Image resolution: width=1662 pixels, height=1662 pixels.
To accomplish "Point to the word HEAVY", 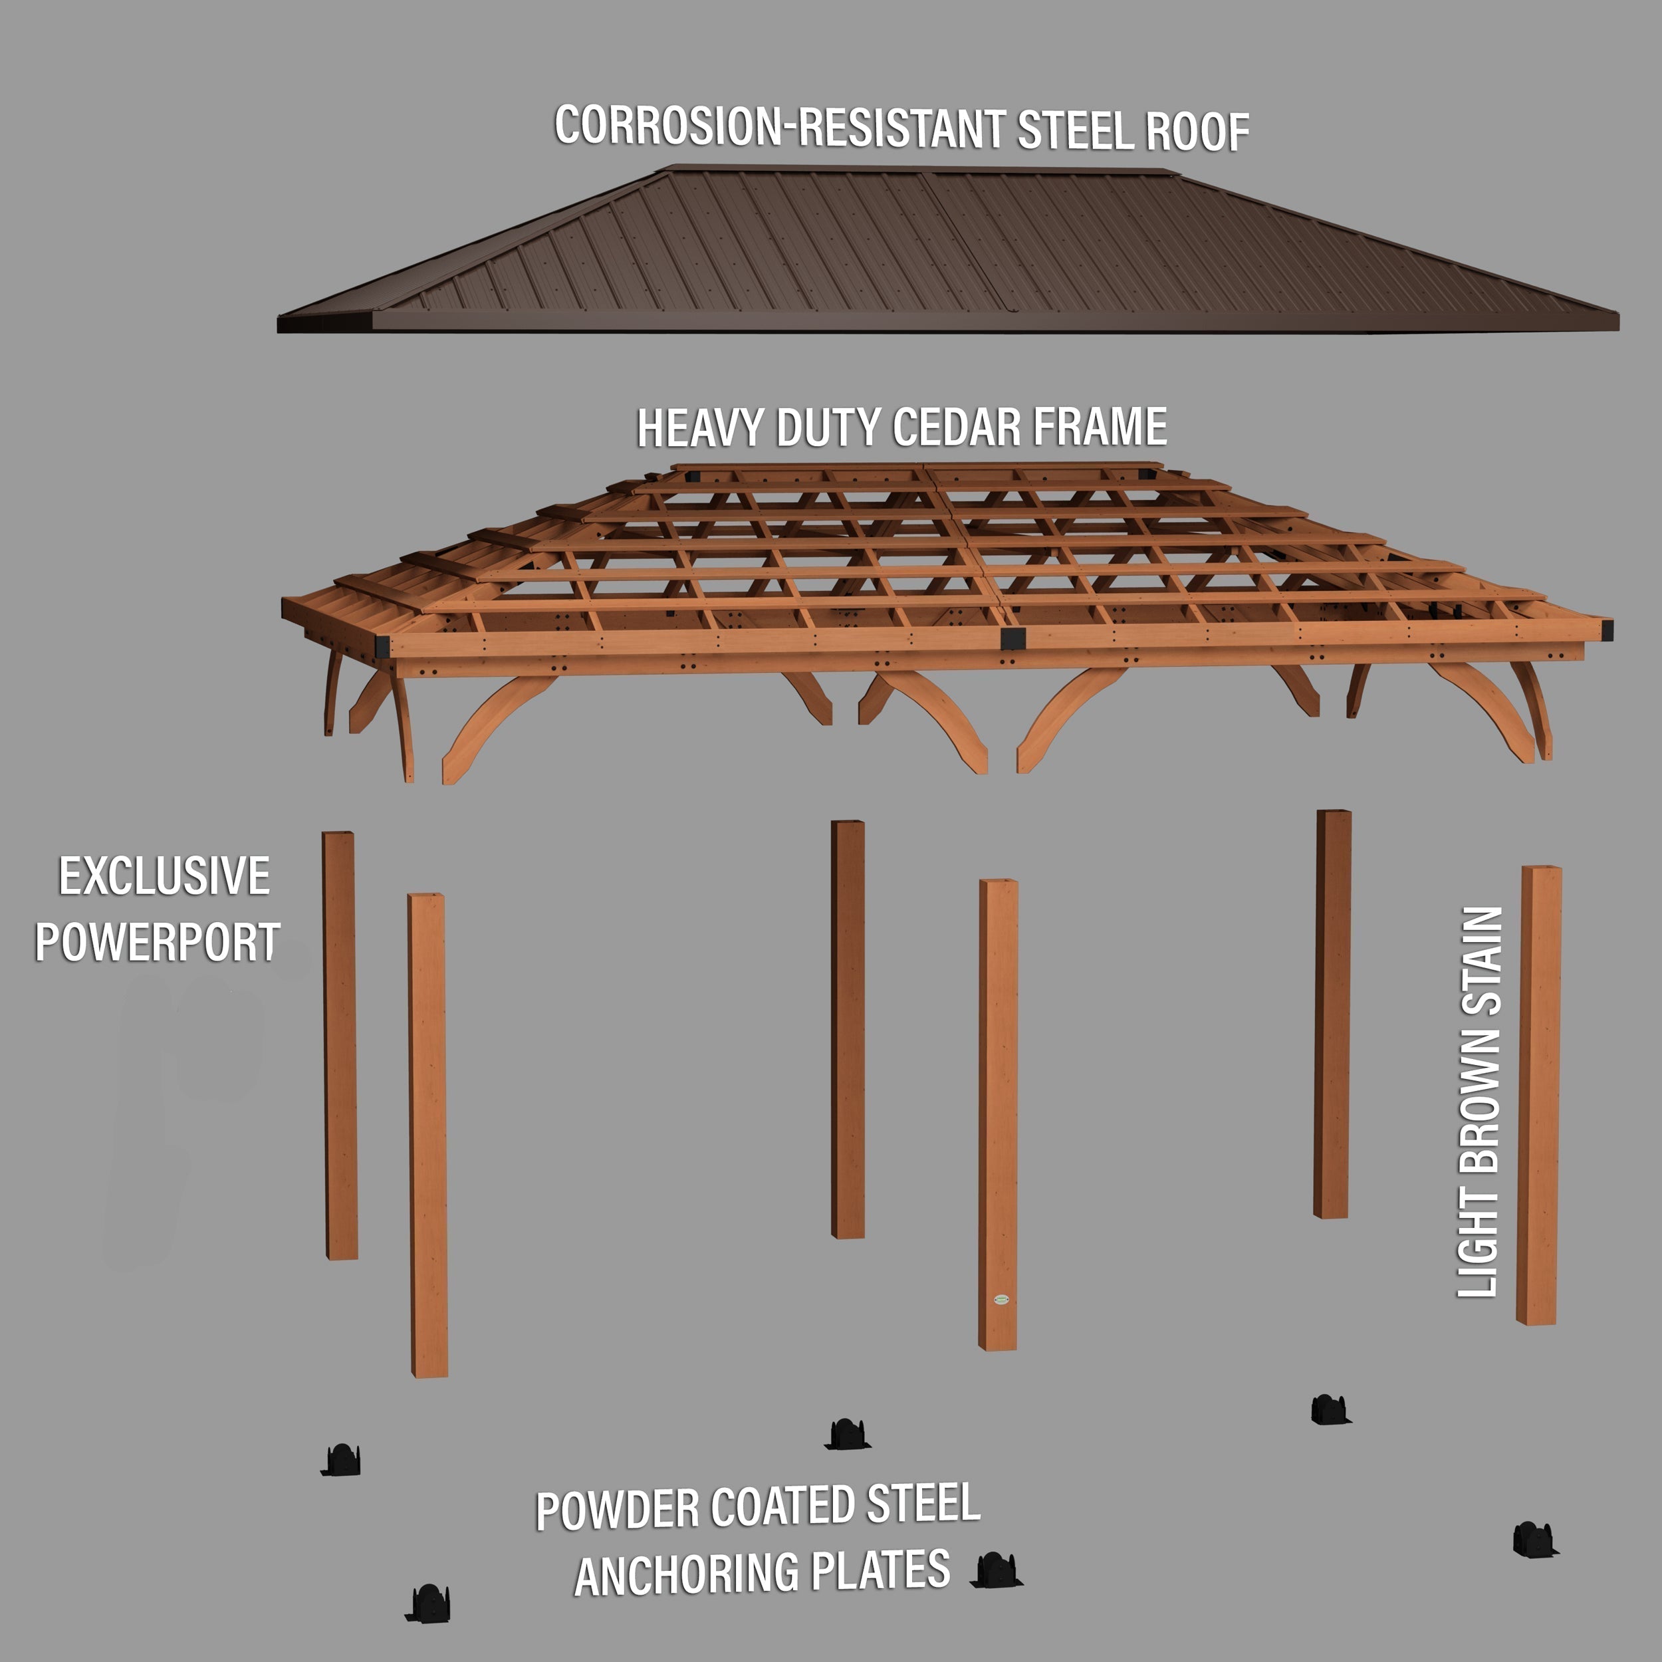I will click(699, 427).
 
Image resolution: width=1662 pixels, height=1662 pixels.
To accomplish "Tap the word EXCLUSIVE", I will click(164, 877).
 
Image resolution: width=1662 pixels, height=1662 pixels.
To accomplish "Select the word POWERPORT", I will click(158, 942).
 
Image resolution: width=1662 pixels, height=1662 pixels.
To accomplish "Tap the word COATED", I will click(784, 1506).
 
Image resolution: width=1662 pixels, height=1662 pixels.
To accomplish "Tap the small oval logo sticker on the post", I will click(1001, 1299).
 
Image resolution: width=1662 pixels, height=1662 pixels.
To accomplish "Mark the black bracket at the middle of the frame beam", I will click(1012, 638).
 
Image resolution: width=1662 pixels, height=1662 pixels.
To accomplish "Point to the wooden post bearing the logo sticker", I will click(998, 1118).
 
